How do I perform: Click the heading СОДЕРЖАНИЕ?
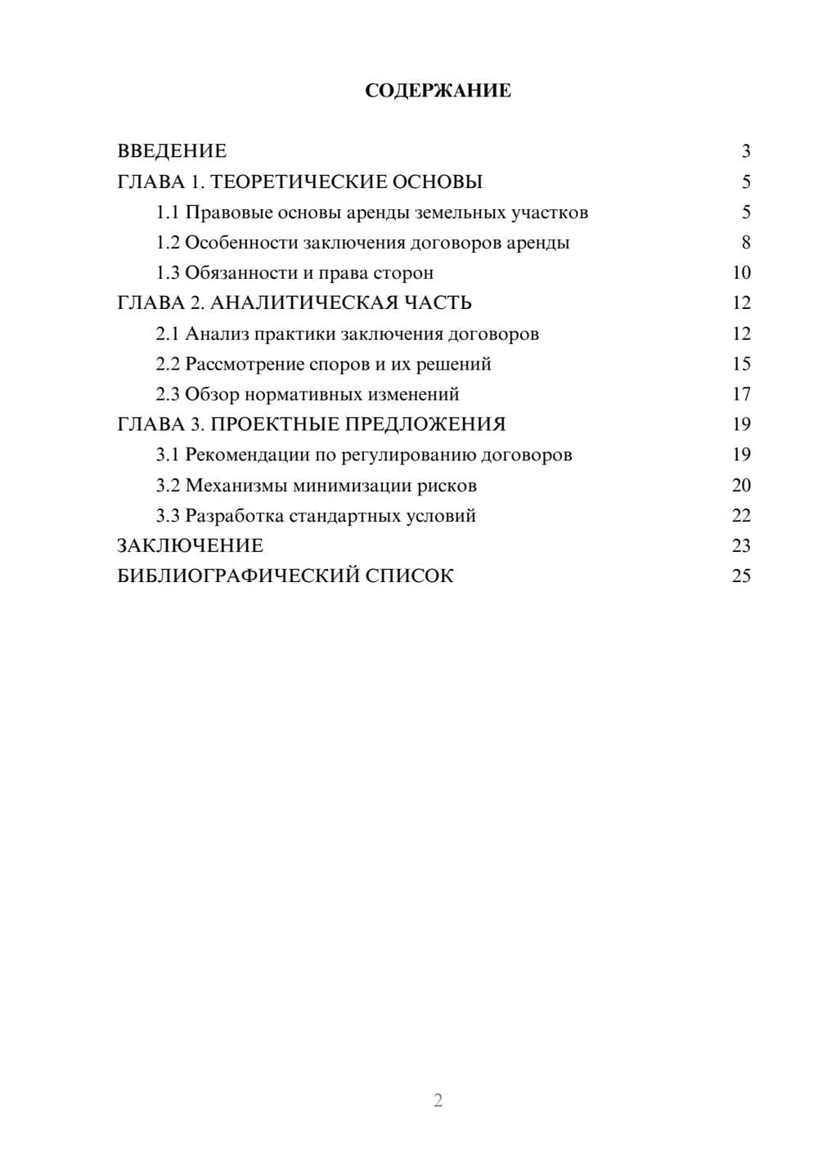(x=438, y=91)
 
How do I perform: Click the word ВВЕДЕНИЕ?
(x=172, y=151)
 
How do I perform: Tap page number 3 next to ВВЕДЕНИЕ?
(x=745, y=151)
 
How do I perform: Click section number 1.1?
(x=168, y=213)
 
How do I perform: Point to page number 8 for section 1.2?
(x=745, y=243)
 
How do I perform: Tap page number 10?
(x=741, y=273)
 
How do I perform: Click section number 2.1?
(x=168, y=334)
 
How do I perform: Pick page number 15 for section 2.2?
(x=741, y=364)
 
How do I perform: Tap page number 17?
(x=741, y=395)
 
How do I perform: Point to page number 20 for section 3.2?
(x=741, y=486)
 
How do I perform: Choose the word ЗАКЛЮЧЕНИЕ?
(x=190, y=545)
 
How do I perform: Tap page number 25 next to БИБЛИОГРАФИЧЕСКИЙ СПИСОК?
(x=741, y=576)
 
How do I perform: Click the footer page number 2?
(x=438, y=1100)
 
